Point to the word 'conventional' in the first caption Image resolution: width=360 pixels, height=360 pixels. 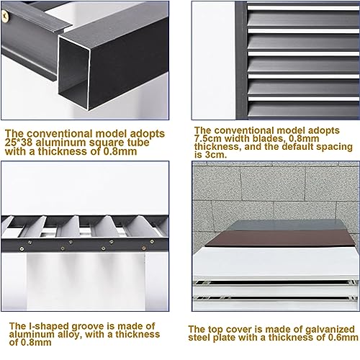[x=60, y=133]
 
